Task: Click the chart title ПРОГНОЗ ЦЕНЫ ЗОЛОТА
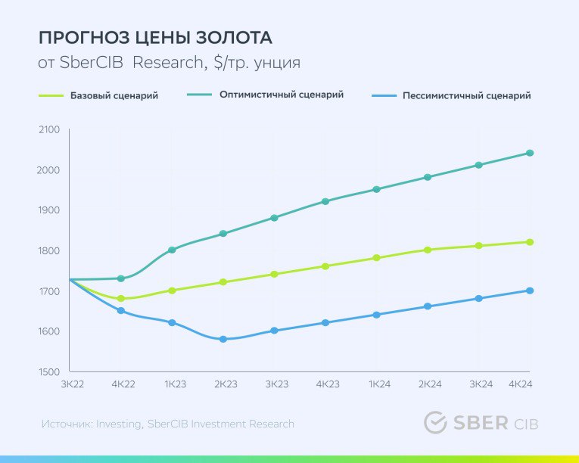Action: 155,38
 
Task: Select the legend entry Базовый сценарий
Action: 114,96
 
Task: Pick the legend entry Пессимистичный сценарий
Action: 466,96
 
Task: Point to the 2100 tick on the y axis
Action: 48,129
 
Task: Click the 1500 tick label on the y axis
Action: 48,372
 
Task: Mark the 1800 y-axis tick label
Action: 48,250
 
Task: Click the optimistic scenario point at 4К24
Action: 530,153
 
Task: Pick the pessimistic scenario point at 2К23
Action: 223,339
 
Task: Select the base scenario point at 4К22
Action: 121,299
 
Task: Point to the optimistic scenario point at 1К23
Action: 173,250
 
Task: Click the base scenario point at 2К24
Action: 428,250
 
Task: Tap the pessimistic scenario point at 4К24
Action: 530,291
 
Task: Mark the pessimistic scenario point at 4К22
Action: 121,311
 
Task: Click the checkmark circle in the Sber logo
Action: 435,423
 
